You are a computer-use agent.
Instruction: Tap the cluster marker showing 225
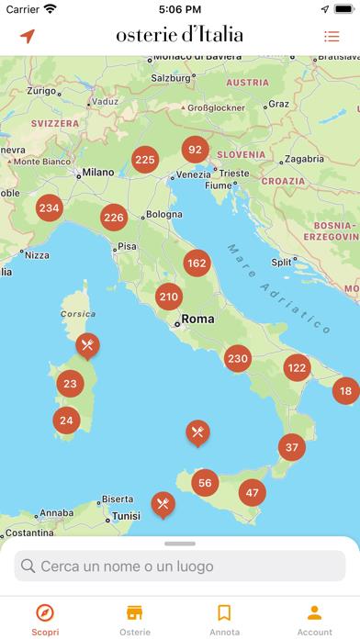tap(144, 159)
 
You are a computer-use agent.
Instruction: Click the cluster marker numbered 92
tap(195, 149)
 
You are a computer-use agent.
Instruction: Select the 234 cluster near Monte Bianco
tap(49, 207)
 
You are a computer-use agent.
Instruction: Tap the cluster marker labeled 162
tap(197, 263)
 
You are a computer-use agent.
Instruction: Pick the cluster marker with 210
tap(168, 297)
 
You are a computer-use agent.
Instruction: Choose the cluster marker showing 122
tap(297, 367)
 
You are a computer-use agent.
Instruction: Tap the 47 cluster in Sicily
tap(252, 492)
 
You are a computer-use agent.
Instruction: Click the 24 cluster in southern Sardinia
tap(66, 420)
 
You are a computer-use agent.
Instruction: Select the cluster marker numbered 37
tap(292, 448)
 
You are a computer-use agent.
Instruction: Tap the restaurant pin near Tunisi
tap(163, 503)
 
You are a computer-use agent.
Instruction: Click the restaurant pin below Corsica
tap(87, 346)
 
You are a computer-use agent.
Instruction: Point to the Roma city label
tap(197, 319)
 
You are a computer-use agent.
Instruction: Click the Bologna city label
tap(163, 215)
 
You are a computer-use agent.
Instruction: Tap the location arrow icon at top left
tap(28, 37)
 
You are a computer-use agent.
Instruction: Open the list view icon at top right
tap(332, 37)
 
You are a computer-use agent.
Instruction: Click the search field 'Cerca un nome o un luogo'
tap(180, 566)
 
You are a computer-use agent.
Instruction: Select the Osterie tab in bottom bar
tap(134, 620)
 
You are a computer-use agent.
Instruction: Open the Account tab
tap(314, 620)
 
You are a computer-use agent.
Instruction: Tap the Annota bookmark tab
tap(224, 620)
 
